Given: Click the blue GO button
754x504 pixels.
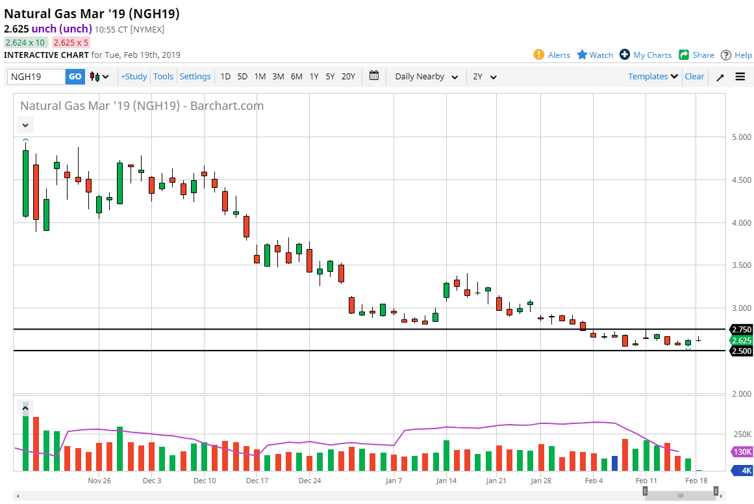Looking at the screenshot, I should pyautogui.click(x=75, y=77).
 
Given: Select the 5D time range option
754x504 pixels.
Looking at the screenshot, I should pyautogui.click(x=242, y=77).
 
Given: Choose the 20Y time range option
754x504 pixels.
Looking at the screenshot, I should pyautogui.click(x=348, y=77).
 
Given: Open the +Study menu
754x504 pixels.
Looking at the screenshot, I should pyautogui.click(x=134, y=77).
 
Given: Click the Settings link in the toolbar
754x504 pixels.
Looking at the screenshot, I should pyautogui.click(x=195, y=77).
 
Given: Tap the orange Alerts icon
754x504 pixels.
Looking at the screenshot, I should pyautogui.click(x=538, y=55).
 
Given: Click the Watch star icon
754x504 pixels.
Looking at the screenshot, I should pyautogui.click(x=583, y=55).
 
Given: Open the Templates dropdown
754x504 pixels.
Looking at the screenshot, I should pyautogui.click(x=653, y=77).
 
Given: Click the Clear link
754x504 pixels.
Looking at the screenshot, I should pyautogui.click(x=694, y=77).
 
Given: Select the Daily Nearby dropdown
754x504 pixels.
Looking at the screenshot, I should pyautogui.click(x=426, y=77).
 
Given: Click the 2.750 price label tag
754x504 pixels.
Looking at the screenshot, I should pyautogui.click(x=741, y=330).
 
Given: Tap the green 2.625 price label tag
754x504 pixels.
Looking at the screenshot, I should pyautogui.click(x=741, y=341).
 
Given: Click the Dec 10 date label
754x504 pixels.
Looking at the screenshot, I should pyautogui.click(x=205, y=481).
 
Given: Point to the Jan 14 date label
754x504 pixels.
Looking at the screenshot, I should pyautogui.click(x=446, y=481).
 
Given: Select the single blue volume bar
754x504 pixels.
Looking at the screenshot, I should pyautogui.click(x=614, y=464).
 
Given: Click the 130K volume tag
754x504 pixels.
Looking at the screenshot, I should pyautogui.click(x=741, y=452).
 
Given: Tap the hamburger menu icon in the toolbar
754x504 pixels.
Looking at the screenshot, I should pyautogui.click(x=740, y=77).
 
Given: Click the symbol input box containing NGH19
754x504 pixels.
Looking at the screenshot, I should pyautogui.click(x=36, y=77).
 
